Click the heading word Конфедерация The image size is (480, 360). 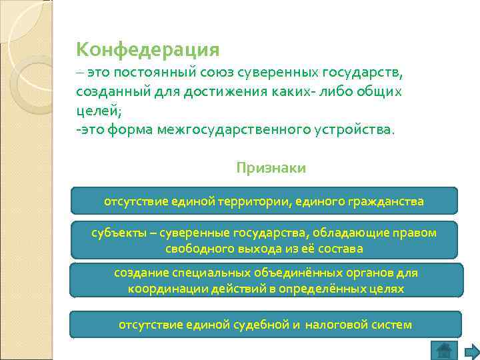pos(148,49)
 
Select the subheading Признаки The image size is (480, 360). pos(271,168)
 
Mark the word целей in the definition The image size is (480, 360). pos(92,111)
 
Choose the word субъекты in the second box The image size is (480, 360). pos(115,233)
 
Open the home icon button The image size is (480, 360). pos(443,350)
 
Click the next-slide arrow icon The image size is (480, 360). pos(471,351)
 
